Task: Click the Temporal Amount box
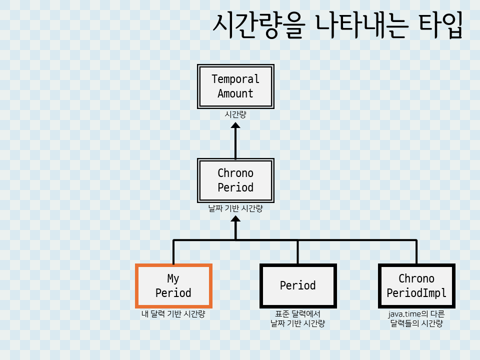point(235,86)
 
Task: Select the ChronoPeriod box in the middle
point(235,180)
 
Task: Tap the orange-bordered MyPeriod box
point(173,285)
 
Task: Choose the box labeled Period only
point(298,285)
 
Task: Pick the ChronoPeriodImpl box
point(416,285)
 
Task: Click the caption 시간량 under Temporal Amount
point(235,114)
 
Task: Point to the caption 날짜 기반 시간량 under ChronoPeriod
point(235,209)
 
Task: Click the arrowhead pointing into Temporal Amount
point(235,124)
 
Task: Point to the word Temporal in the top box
point(235,79)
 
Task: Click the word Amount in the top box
point(235,93)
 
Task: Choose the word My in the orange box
point(173,278)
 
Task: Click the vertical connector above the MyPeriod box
point(173,252)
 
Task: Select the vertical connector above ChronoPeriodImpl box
point(416,252)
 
